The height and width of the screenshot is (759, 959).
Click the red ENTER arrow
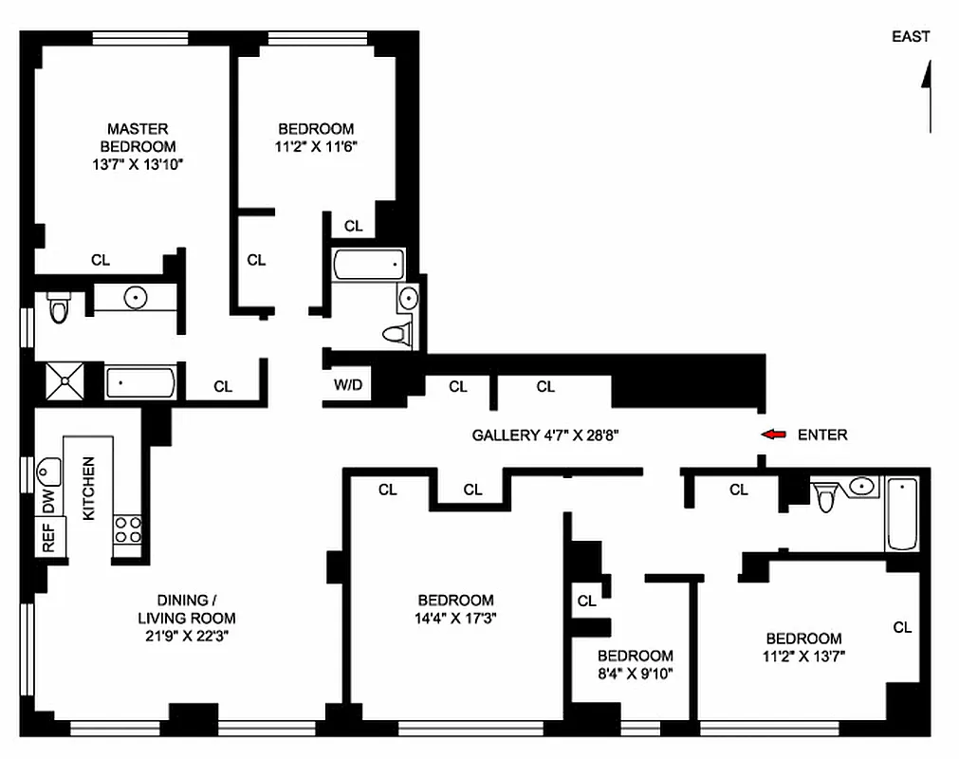[775, 435]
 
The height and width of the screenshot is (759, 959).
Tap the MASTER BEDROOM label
[138, 138]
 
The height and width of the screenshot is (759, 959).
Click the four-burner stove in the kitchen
[127, 530]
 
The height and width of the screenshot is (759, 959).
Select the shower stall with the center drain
[65, 382]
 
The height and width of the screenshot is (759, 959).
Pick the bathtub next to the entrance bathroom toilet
[902, 514]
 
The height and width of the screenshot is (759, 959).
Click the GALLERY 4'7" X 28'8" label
[545, 435]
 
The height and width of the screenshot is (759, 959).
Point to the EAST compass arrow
[928, 95]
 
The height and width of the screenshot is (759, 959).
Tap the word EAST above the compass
[911, 37]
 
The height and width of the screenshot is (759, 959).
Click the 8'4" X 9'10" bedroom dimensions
[635, 673]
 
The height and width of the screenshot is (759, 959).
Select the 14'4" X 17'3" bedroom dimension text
[456, 618]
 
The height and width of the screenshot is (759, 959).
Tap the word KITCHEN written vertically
[89, 489]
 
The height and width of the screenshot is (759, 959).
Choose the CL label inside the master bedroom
[100, 259]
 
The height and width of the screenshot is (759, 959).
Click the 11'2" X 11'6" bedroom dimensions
[316, 146]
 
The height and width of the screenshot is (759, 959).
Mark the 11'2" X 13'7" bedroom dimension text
[804, 656]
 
